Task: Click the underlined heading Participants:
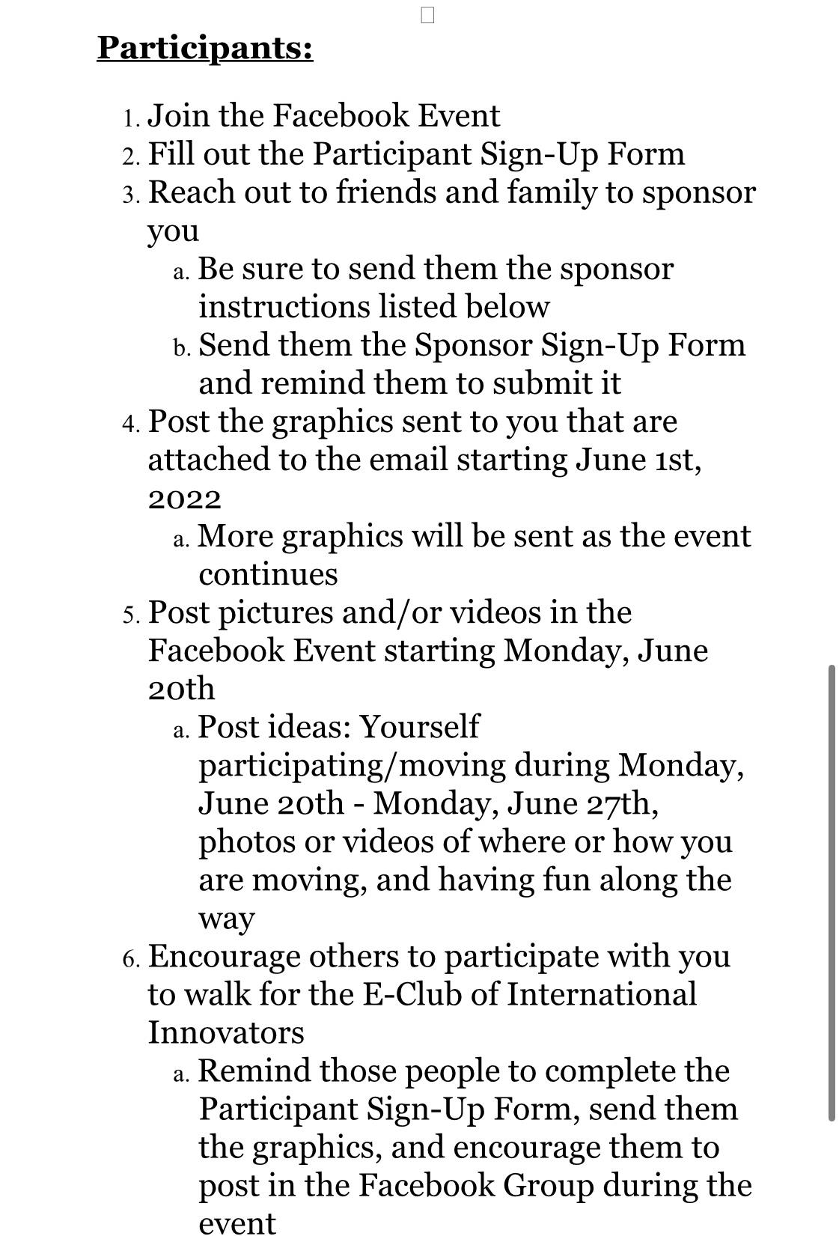[x=204, y=48]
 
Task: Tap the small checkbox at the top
[x=427, y=15]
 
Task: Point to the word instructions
[x=283, y=307]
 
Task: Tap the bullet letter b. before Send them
[x=182, y=347]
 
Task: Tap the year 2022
[x=184, y=499]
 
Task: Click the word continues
[x=268, y=575]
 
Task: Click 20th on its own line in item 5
[x=181, y=689]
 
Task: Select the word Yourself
[x=419, y=727]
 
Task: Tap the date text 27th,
[x=621, y=803]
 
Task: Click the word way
[x=226, y=919]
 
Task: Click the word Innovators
[x=226, y=1032]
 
